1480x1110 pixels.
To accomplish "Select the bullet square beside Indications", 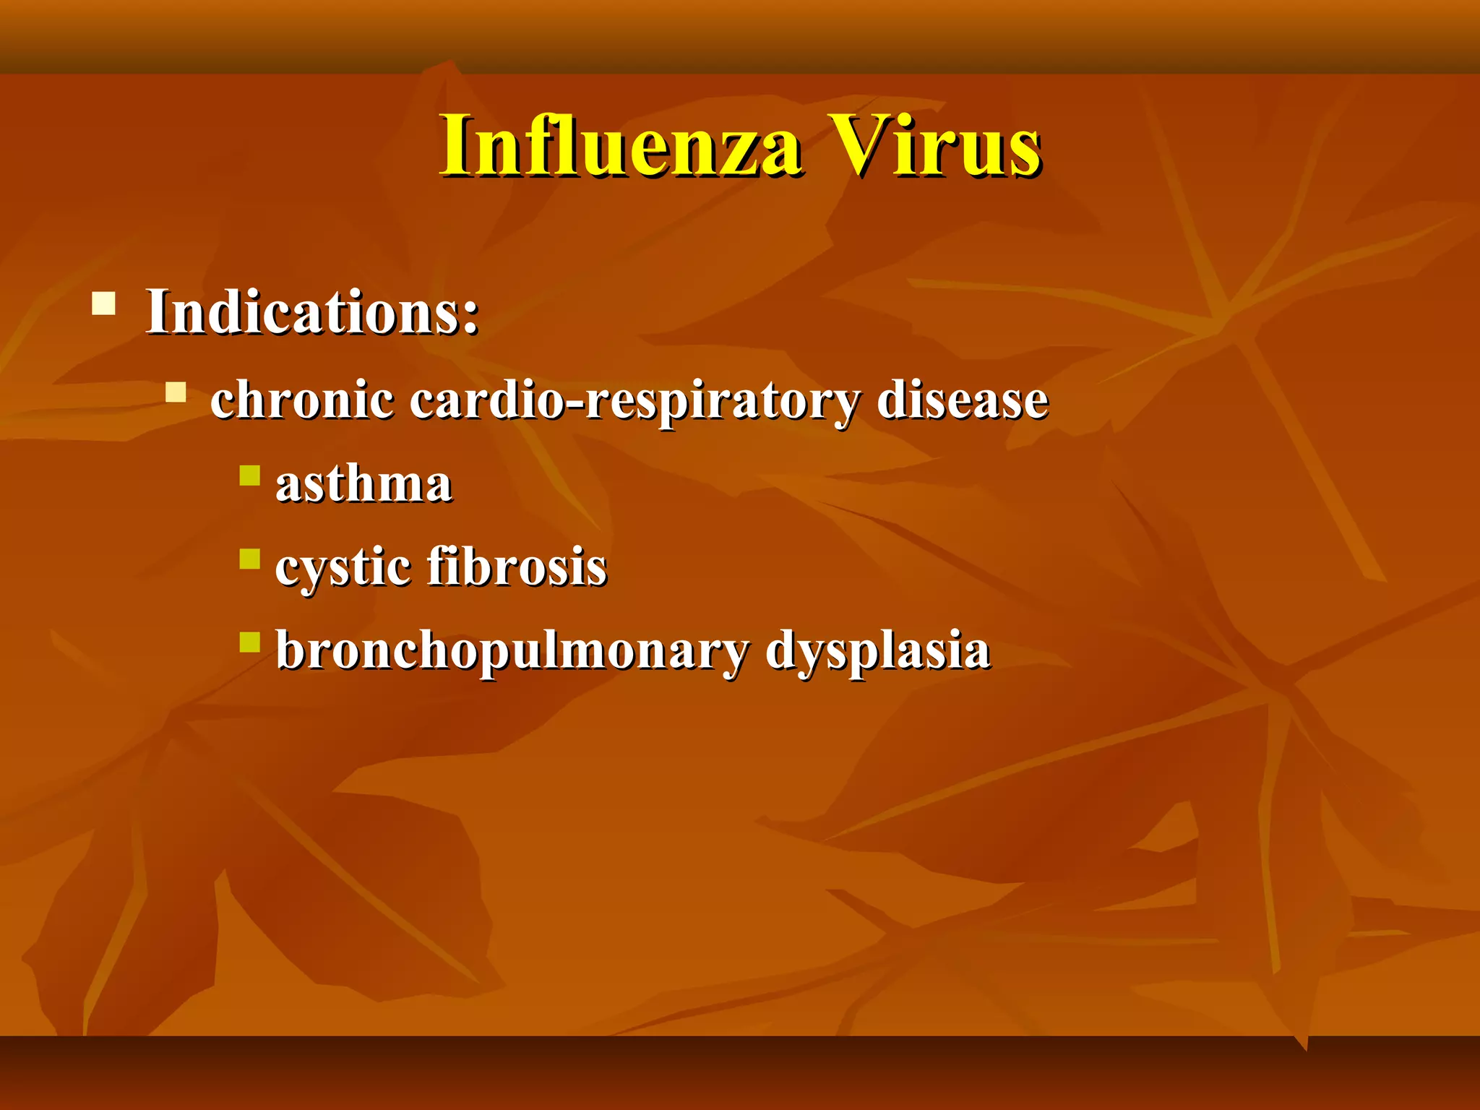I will [x=104, y=303].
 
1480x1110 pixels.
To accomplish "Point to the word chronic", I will [x=302, y=400].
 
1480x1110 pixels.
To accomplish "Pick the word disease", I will [x=961, y=400].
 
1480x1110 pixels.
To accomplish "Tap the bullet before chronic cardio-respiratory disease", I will [x=176, y=392].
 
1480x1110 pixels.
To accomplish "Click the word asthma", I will [x=363, y=483].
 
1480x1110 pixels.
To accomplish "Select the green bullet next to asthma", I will [x=250, y=476].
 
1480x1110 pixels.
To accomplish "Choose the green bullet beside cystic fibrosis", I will [x=250, y=559].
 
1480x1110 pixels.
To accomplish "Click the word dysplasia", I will [x=877, y=651].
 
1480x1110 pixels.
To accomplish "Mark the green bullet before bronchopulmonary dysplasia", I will [x=250, y=642].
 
